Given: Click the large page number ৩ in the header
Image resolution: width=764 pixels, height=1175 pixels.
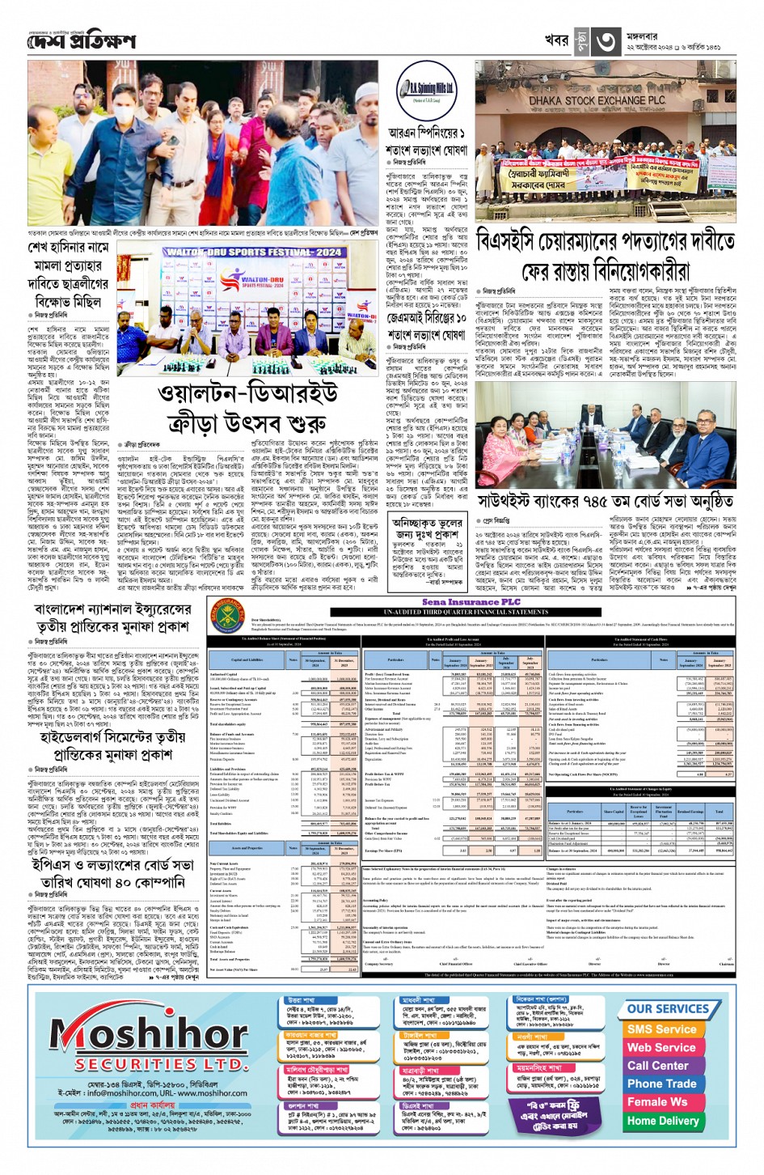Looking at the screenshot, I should [607, 41].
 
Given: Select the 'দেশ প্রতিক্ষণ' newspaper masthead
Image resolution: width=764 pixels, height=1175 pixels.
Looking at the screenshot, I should [82, 41].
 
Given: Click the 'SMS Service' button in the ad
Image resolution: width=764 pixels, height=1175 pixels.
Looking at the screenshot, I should [661, 1029].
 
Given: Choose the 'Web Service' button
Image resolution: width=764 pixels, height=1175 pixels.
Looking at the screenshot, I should [661, 1047].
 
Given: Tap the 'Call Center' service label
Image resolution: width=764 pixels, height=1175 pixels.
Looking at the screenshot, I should [658, 1065].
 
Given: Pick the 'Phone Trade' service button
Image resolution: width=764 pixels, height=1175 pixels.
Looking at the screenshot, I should [661, 1084].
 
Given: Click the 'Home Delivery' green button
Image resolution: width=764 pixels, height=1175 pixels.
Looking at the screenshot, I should [662, 1121].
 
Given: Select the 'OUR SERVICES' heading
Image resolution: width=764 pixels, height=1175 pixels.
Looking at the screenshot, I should [668, 1008].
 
